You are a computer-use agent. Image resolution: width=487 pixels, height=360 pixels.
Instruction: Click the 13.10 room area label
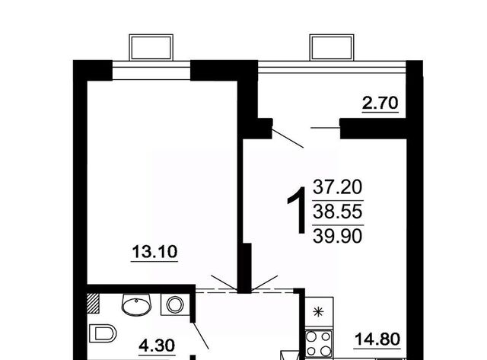(154, 252)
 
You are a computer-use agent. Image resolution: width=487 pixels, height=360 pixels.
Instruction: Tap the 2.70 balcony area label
(380, 103)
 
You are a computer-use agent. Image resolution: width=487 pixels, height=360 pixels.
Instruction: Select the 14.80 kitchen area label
(377, 339)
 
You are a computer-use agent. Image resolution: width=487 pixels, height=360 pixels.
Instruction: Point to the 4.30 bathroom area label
(157, 346)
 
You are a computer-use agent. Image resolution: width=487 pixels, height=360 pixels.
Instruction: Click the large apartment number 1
(298, 210)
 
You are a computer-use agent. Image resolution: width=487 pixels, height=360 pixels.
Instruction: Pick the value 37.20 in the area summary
(338, 187)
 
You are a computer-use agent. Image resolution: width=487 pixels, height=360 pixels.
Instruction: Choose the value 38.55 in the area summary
(338, 212)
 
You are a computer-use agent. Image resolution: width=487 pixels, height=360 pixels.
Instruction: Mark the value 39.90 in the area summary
(338, 236)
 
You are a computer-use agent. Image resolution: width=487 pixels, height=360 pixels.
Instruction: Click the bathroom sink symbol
(136, 304)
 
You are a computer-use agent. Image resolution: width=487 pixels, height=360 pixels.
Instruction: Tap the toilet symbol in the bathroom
(103, 333)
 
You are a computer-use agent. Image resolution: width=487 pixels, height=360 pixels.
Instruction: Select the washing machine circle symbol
(175, 304)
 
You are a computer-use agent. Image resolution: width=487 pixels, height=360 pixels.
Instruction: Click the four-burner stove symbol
(319, 343)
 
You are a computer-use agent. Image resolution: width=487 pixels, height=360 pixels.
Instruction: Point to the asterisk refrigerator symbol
(319, 311)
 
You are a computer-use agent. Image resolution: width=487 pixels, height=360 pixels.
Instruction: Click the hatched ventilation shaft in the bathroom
(93, 303)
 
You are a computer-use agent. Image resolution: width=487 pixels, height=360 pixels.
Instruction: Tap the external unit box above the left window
(151, 47)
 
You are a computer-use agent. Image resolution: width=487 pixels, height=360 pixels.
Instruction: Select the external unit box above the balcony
(332, 47)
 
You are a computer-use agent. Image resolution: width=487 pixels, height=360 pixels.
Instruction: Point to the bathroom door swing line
(201, 336)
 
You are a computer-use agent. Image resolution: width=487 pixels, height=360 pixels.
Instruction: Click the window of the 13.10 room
(151, 70)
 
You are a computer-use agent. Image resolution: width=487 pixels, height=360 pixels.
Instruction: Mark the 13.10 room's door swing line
(224, 282)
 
